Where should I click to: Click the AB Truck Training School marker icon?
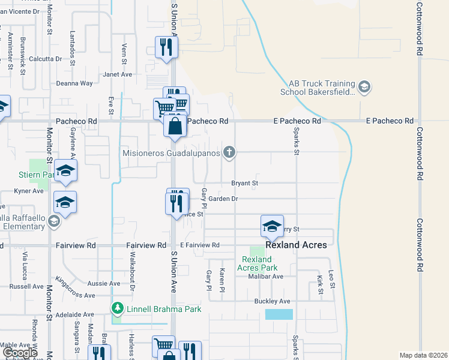pos(364,88)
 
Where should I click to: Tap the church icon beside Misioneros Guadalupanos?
pos(229,152)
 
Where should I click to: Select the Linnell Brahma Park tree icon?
pos(117,309)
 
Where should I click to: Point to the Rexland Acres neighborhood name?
pos(297,245)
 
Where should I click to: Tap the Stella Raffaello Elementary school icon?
pos(53,222)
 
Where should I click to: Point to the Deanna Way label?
pos(74,83)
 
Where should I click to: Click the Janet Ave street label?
pos(117,74)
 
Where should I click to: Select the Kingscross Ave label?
pos(74,287)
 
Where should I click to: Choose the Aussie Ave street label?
pos(104,283)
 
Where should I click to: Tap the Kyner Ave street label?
pos(29,191)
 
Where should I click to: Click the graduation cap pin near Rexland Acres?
pos(272,227)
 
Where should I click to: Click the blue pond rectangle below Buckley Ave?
pos(279,314)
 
